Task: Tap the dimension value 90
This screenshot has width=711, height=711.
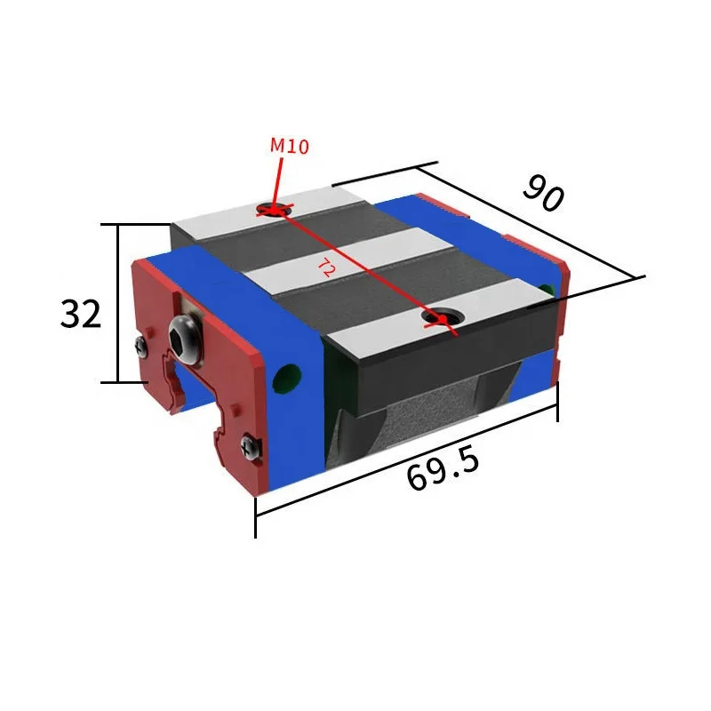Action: click(x=542, y=193)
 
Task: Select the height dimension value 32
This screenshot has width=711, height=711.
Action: click(x=81, y=314)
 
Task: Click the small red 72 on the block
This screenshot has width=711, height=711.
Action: click(x=326, y=268)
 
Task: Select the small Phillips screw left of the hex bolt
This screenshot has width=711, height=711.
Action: click(x=141, y=347)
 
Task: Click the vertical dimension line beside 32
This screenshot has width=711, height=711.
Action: click(x=117, y=302)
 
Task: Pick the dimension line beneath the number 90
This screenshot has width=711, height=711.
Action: click(x=533, y=222)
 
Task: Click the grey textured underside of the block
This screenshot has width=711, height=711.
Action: click(x=418, y=427)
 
